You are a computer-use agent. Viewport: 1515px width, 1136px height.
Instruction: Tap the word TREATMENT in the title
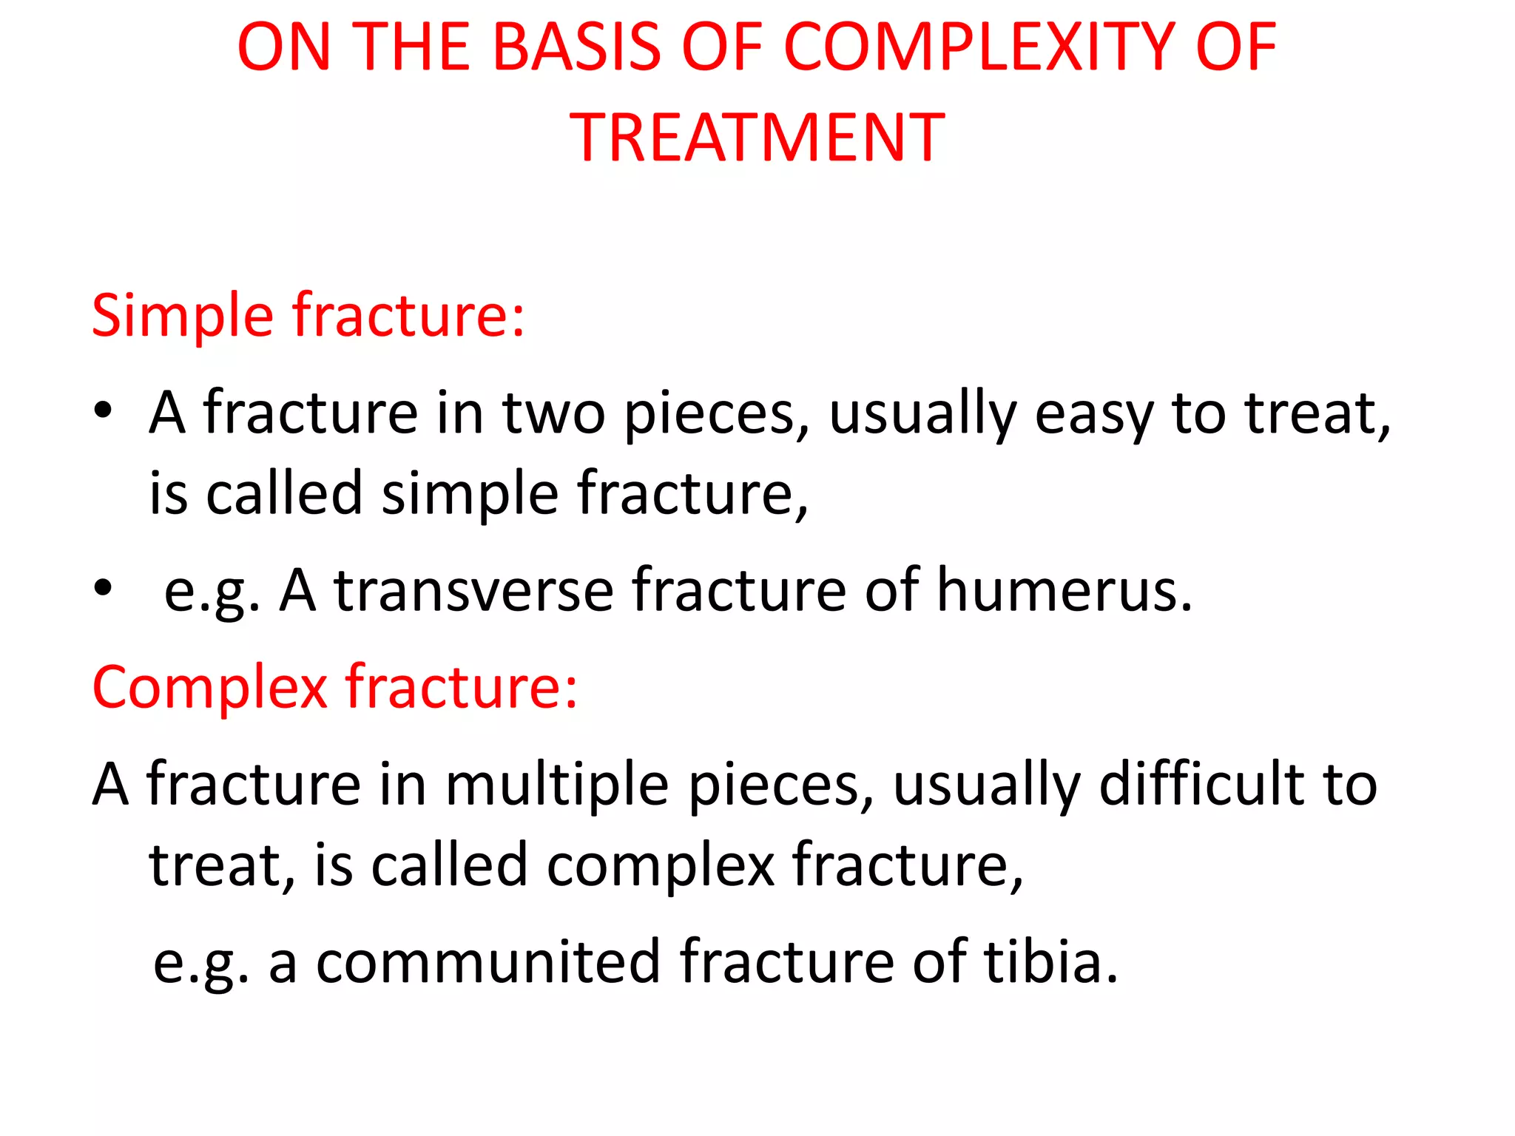[757, 138]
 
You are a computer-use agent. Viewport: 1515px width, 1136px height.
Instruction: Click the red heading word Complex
[209, 688]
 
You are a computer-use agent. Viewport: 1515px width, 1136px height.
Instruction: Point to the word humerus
[1064, 590]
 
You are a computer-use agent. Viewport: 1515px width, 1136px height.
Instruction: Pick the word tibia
[1050, 961]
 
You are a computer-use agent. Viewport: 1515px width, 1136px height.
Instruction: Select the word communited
[487, 961]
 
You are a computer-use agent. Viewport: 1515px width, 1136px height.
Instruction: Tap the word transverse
[473, 590]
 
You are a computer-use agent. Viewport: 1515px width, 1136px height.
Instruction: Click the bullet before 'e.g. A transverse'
[103, 588]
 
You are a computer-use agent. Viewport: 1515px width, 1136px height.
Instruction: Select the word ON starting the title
[283, 48]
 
